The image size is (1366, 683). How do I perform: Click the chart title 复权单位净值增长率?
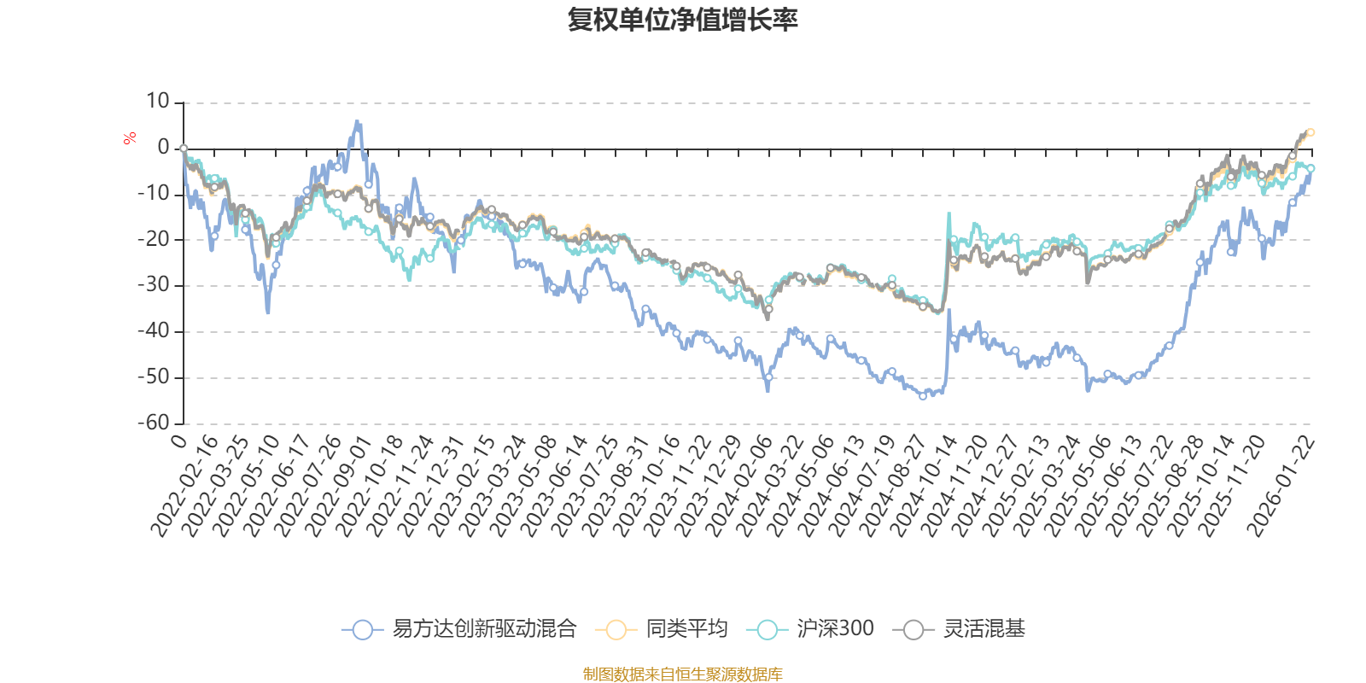coord(682,20)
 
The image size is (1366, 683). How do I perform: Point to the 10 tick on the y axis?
coord(158,102)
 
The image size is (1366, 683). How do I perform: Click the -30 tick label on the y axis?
coord(154,285)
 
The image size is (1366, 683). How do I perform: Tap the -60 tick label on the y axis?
coord(154,423)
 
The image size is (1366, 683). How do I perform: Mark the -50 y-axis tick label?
coord(154,377)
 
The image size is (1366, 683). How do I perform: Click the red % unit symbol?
coord(130,138)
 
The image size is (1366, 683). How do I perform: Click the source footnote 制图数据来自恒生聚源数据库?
coord(682,674)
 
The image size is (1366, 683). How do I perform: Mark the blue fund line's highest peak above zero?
coord(358,121)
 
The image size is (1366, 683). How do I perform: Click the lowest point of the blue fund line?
coord(923,397)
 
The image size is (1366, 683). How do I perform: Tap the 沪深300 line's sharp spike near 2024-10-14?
coord(949,213)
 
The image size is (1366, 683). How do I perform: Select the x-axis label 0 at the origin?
coord(178,440)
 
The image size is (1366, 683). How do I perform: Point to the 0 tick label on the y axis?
coord(163,148)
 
